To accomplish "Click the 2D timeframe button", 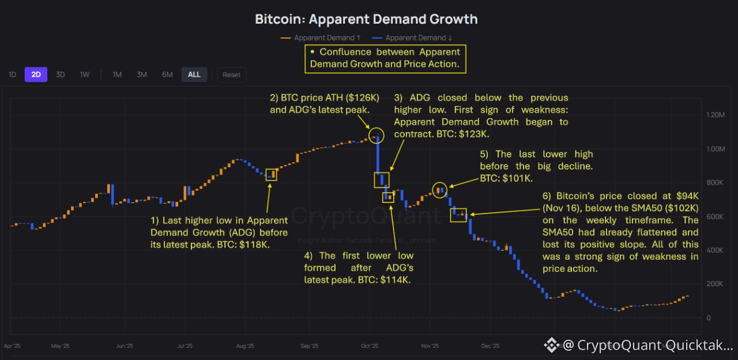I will pos(36,74).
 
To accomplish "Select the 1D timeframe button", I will pos(12,74).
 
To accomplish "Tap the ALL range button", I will pos(194,74).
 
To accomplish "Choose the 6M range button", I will pos(167,74).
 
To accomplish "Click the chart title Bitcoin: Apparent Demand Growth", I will pos(366,19).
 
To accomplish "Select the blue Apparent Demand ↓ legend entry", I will pos(412,37).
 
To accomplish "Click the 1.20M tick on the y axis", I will pos(715,115).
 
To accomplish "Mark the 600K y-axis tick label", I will pos(715,216).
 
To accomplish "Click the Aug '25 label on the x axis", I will pos(245,346).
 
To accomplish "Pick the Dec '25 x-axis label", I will pos(490,346).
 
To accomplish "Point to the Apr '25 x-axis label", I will pos(12,346).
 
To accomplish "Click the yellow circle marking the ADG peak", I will pos(376,136).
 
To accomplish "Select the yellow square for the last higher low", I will pos(272,174).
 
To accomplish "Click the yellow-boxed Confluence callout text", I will pos(385,58).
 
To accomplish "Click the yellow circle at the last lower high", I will pos(440,190).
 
